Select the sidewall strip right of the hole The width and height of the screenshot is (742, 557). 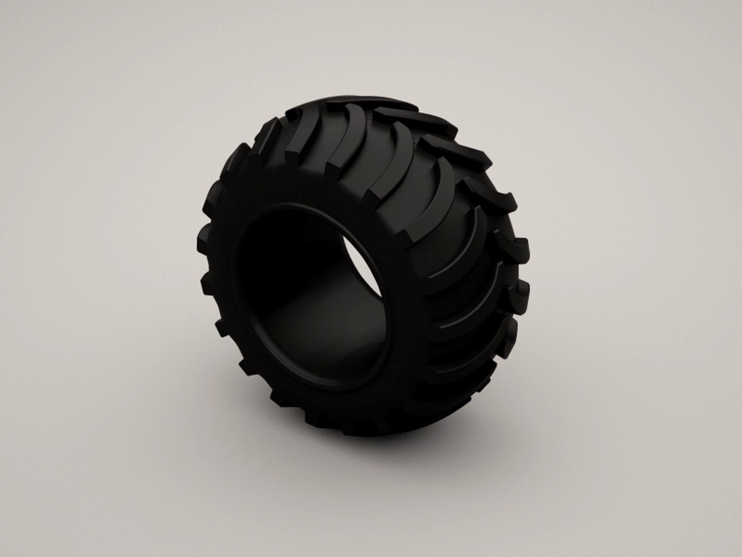click(x=407, y=309)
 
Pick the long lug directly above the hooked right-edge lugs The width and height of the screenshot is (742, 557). click(x=443, y=196)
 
